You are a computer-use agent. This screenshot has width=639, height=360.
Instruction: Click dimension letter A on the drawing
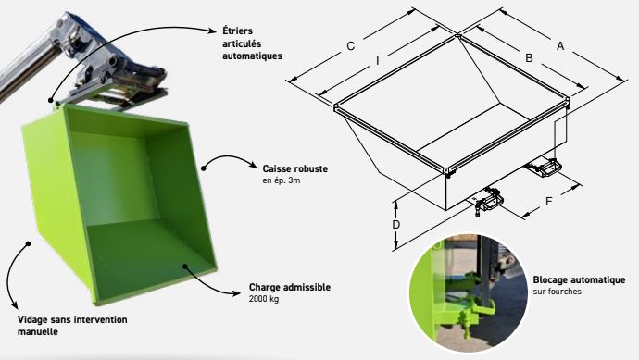tap(559, 43)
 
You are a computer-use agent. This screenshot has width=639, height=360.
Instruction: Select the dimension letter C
tap(350, 45)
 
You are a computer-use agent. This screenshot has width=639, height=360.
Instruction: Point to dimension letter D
tap(396, 224)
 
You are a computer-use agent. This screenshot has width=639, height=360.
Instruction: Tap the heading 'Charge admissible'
tap(289, 287)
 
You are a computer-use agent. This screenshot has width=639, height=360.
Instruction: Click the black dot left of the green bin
tap(30, 244)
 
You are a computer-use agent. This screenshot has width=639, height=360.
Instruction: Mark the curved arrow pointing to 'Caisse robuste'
tap(222, 163)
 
